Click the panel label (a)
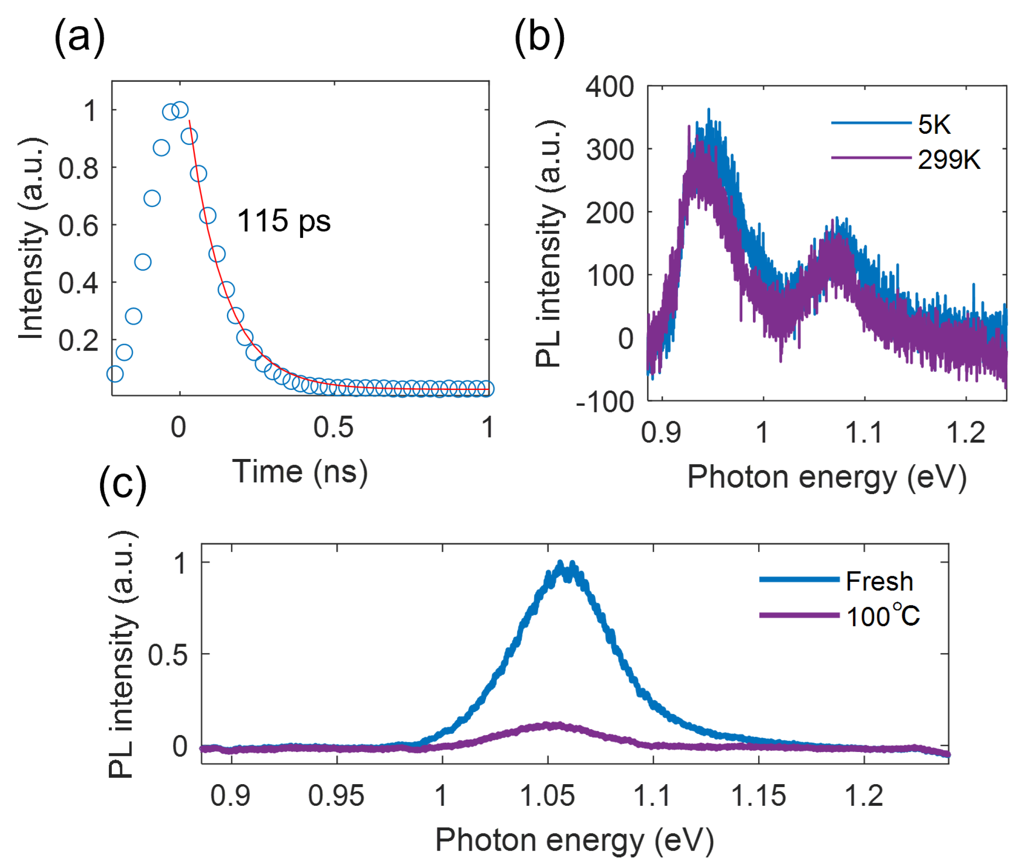click(x=79, y=38)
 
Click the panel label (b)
click(x=539, y=38)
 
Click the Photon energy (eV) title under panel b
click(x=827, y=477)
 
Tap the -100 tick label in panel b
click(x=605, y=402)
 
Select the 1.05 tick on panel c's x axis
click(x=547, y=796)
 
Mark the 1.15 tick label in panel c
click(x=758, y=796)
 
